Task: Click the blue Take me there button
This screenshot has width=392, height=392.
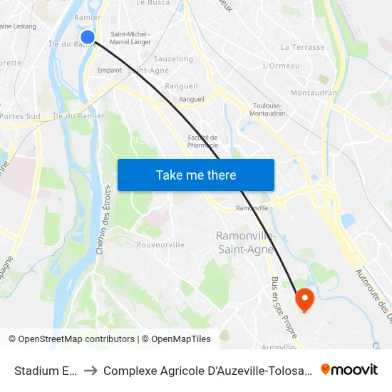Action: pos(196,175)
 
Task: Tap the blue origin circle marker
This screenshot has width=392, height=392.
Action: pos(88,37)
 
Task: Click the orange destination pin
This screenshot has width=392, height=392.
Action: pos(304,299)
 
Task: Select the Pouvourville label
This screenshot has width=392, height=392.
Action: pos(161,244)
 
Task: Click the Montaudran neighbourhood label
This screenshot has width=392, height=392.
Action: pos(314,93)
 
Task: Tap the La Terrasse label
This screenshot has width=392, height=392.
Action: pos(302,48)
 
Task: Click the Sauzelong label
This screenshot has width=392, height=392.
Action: pos(173,59)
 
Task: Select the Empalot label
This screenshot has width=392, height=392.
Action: pos(109,70)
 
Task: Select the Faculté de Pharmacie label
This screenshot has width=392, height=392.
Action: pos(202,141)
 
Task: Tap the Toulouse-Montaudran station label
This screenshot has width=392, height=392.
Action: pos(269,110)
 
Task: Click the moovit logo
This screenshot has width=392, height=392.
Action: pos(349,369)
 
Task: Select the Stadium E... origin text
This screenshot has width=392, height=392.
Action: pos(45,370)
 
